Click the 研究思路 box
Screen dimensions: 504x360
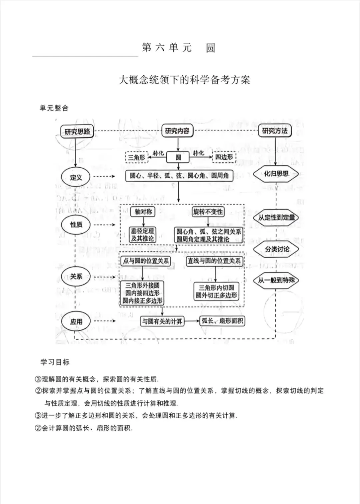coord(77,131)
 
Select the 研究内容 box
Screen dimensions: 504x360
coord(177,131)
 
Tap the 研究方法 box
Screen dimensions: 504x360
coord(275,131)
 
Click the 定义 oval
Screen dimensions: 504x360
coord(76,177)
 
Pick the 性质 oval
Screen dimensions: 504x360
coord(76,225)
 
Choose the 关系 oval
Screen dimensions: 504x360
coord(76,276)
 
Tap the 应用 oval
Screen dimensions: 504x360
coord(76,321)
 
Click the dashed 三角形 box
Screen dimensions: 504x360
coord(137,157)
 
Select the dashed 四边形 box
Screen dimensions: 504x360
coord(224,157)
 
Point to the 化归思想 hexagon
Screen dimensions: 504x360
coord(276,174)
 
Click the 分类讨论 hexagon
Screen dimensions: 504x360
coord(277,249)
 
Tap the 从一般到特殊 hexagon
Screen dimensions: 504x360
coord(276,280)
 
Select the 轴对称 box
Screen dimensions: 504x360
coord(143,212)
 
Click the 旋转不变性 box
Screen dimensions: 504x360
coord(208,212)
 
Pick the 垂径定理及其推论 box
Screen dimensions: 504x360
coord(142,235)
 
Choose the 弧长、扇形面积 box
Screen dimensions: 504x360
coord(222,321)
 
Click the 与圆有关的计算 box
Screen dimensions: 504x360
coord(162,321)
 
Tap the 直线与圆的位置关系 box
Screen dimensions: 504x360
coord(214,261)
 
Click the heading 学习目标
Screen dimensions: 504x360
coord(55,362)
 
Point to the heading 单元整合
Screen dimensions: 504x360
coord(54,108)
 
